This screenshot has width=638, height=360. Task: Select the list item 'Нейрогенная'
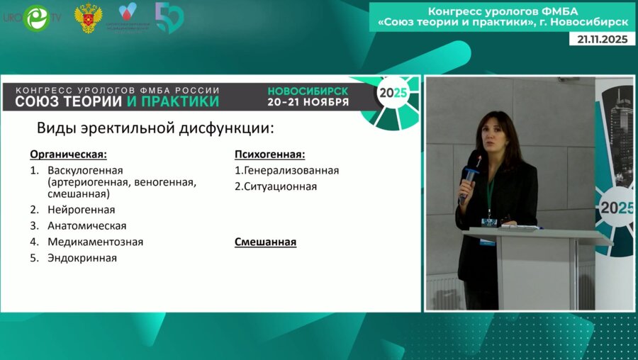coord(81,210)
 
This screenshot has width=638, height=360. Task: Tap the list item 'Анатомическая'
coord(86,226)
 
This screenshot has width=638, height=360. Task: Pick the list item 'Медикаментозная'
coord(95,242)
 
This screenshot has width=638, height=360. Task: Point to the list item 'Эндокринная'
coord(82,258)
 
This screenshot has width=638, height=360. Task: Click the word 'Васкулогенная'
coord(85,171)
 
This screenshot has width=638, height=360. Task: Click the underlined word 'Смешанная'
coord(265,242)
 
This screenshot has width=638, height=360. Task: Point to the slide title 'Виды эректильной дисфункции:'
coord(155,128)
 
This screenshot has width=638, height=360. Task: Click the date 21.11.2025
coord(603,40)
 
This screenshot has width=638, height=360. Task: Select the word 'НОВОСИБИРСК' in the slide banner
coord(308,91)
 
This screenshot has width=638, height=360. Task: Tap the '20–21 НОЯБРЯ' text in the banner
coord(308,102)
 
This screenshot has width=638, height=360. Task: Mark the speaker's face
coord(491,135)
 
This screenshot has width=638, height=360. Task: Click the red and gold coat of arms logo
coord(88,18)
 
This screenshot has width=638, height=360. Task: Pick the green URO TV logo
coord(34,18)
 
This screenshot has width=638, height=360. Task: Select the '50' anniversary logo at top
coord(169,18)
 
